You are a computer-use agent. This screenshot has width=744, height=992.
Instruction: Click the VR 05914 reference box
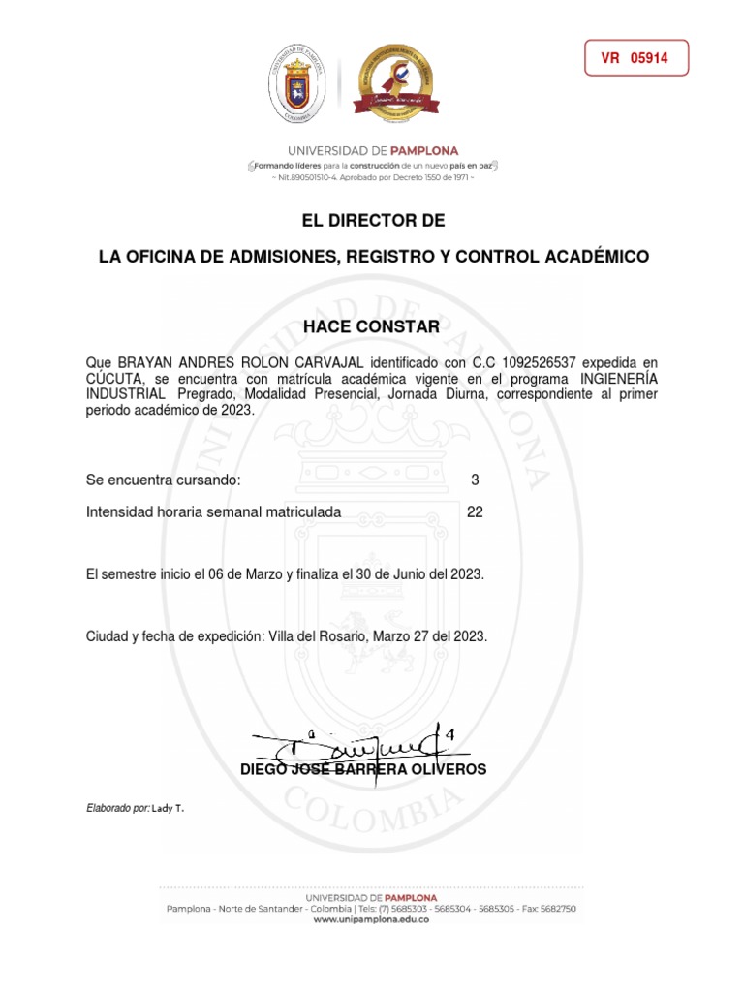635,58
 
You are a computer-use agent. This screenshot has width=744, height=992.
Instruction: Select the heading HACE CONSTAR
371,327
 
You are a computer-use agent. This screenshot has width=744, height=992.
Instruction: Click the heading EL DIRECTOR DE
373,221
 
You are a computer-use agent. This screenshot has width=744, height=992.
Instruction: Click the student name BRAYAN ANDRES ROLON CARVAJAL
230,361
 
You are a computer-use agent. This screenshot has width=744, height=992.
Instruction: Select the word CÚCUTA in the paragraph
115,378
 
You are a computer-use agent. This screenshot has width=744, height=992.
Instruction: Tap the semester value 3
475,480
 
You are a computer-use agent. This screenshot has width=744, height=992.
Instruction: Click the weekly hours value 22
475,512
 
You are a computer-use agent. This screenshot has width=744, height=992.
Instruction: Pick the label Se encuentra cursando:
164,480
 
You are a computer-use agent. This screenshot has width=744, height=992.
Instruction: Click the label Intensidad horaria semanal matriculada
214,512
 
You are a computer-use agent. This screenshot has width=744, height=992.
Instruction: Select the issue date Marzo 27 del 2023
427,636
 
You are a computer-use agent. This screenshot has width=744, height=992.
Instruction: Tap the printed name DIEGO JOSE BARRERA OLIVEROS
363,770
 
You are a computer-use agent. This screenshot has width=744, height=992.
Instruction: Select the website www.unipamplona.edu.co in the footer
371,920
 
